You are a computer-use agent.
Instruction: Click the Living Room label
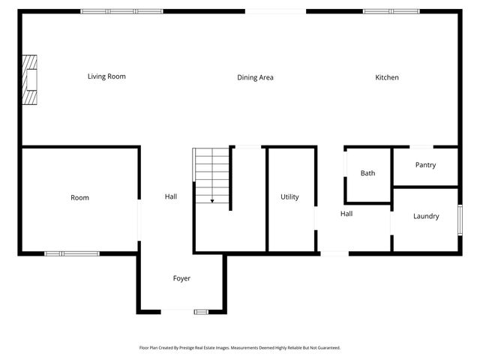(x=106, y=76)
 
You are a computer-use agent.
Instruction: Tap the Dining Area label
(x=255, y=77)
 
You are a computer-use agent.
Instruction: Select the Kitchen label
(x=387, y=77)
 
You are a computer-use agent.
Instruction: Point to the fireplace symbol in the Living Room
(x=28, y=81)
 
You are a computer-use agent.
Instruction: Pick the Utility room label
(x=289, y=197)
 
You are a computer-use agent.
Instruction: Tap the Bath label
(x=367, y=173)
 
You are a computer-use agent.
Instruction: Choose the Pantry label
(x=425, y=165)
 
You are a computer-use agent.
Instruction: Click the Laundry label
(x=426, y=217)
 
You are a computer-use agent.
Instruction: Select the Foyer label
(x=181, y=278)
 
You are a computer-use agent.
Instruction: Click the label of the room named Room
(x=79, y=198)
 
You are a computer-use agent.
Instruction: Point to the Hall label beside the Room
(x=171, y=197)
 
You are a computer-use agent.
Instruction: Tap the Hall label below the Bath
(x=346, y=214)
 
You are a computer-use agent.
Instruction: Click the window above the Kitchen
(x=391, y=11)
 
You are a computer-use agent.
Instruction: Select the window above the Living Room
(x=121, y=11)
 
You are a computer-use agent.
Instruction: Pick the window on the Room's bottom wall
(x=72, y=253)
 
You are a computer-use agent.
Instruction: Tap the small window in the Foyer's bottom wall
(x=202, y=311)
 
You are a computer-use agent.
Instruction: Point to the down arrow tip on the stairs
(x=212, y=202)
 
